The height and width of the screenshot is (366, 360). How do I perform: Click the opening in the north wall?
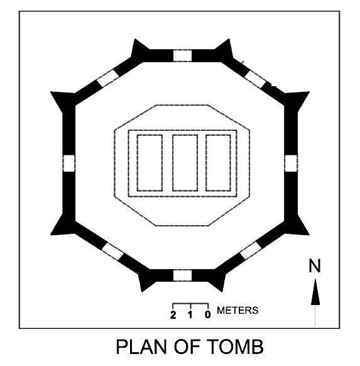point(182,56)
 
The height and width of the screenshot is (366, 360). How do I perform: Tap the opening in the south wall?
point(182,275)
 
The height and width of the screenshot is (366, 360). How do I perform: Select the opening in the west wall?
point(69,163)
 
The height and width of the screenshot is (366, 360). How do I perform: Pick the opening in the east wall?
point(291,163)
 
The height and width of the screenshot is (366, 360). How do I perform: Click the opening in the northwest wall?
point(108,78)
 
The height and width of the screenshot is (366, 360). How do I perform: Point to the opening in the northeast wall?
point(255,79)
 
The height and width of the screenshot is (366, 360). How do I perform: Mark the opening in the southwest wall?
point(112,252)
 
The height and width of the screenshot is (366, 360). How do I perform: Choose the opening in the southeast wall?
point(251,250)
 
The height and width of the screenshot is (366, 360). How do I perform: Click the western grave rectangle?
point(150,163)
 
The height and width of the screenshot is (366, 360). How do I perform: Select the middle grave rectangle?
point(185,163)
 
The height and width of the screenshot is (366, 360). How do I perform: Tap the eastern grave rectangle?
point(218,163)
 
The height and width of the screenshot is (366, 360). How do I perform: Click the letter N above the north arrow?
point(315,265)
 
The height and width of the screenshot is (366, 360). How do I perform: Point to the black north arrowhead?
point(315,292)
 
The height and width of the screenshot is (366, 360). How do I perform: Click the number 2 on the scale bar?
point(173,315)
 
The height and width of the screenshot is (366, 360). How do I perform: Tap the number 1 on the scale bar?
point(190,315)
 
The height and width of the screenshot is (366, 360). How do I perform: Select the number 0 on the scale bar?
point(208,315)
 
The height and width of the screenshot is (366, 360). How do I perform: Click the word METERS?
point(237,311)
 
